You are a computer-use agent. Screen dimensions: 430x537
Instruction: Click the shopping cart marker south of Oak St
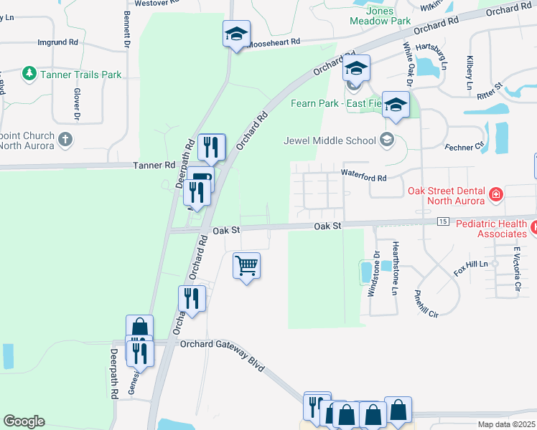tap(246, 267)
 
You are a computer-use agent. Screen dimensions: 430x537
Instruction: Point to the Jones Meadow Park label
tap(380, 15)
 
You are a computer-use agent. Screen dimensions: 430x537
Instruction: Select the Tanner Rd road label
tap(154, 165)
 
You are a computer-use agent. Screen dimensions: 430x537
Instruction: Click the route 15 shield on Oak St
tap(442, 222)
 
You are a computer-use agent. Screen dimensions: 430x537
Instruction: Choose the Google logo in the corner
tap(24, 421)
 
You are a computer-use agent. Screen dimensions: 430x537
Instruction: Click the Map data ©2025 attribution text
tap(505, 424)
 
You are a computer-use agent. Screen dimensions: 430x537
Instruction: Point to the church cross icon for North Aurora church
tap(65, 139)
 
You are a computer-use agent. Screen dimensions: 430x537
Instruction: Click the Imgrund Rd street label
tap(57, 42)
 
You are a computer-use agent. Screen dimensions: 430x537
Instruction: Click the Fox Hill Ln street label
tap(470, 268)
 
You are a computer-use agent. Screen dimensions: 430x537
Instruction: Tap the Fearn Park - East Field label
tap(334, 103)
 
